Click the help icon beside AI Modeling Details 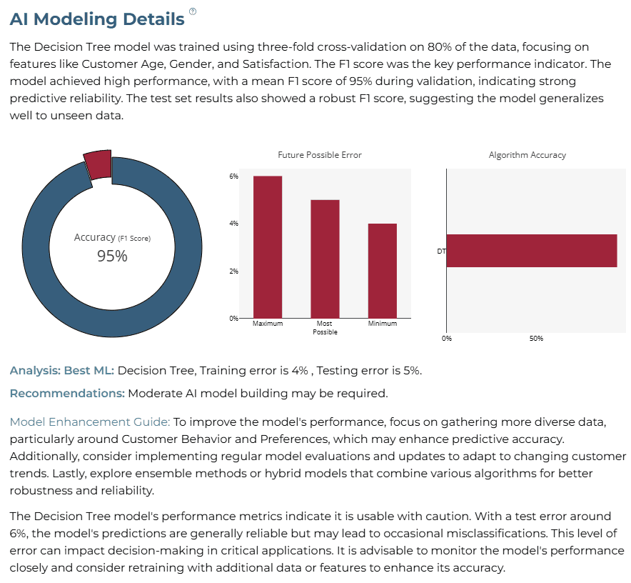[193, 11]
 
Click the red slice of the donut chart [99, 164]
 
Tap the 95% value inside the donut [112, 256]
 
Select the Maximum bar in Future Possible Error [268, 247]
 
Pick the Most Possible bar [325, 259]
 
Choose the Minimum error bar [383, 271]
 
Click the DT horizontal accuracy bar [532, 251]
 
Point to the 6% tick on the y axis [234, 176]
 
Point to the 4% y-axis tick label [234, 223]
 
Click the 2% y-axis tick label [234, 271]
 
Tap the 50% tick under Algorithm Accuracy [536, 339]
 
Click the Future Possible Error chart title [320, 155]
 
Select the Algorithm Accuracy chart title [527, 155]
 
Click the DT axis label [441, 251]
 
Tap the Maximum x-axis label [268, 323]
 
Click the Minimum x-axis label [383, 323]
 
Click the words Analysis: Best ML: [62, 370]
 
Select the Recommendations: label [67, 393]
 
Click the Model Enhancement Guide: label [90, 422]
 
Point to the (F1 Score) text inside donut [134, 239]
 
